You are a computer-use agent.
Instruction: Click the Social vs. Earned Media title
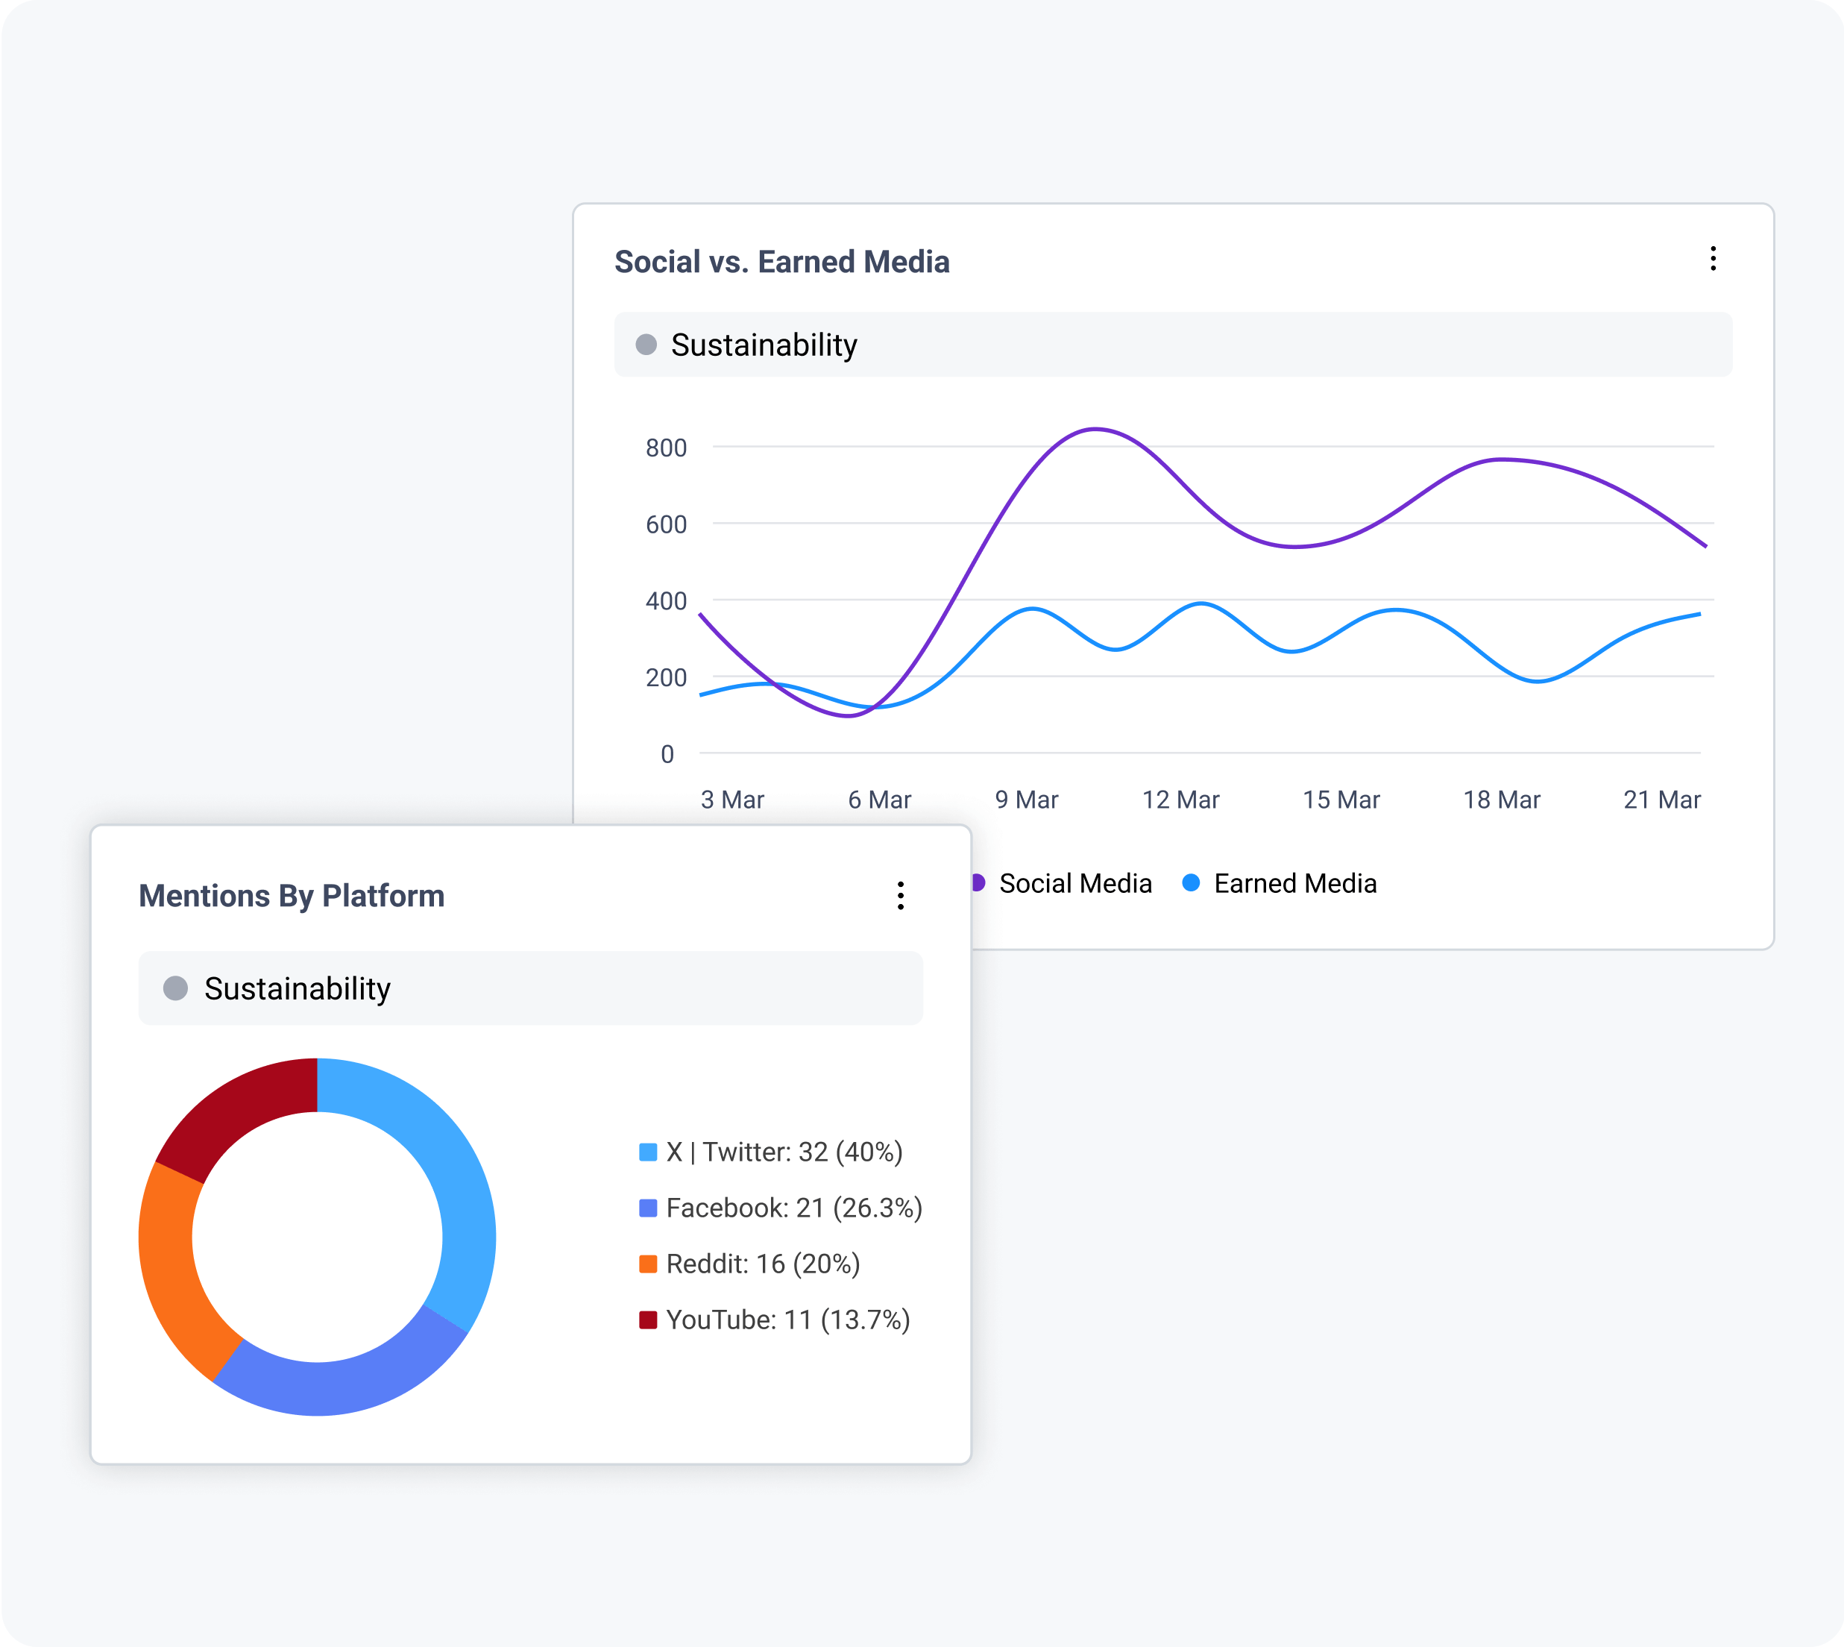[x=781, y=262]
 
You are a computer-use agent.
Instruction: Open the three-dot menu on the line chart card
[x=1713, y=259]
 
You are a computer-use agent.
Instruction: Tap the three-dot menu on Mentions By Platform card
[x=900, y=895]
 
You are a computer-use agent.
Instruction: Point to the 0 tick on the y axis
[x=667, y=754]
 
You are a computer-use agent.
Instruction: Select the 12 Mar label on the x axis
[x=1180, y=800]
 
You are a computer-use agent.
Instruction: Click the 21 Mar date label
[x=1661, y=800]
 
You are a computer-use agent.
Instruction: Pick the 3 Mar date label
[x=732, y=800]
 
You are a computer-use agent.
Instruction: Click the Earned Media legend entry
[x=1294, y=883]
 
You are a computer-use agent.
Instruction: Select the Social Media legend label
[x=1075, y=883]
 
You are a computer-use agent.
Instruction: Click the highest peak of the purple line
[x=1095, y=429]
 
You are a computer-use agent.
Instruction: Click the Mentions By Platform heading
[x=292, y=895]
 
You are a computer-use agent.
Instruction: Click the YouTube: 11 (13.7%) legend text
[x=787, y=1320]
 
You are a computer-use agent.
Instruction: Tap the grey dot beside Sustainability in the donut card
[x=175, y=988]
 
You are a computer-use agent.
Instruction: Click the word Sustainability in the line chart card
[x=764, y=345]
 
